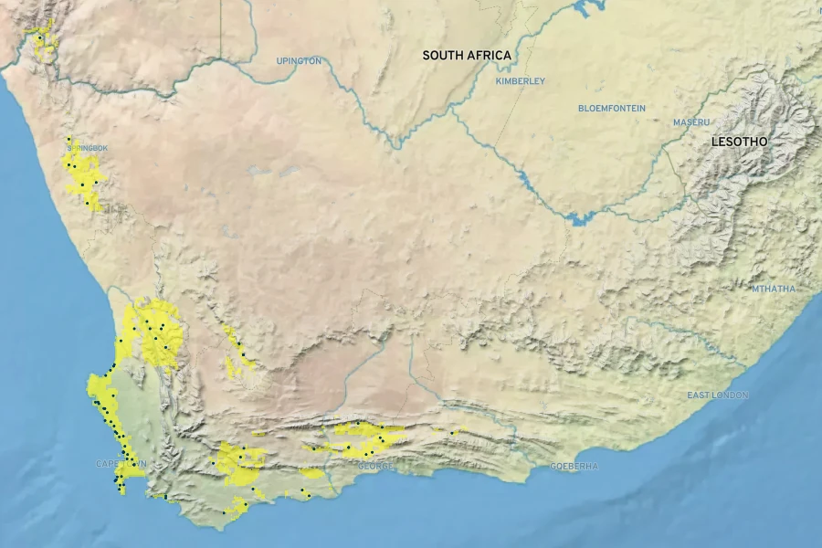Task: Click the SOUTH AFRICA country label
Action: tap(466, 56)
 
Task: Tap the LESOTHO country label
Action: tap(740, 142)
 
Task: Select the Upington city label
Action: tap(299, 61)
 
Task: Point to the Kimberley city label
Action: tap(520, 81)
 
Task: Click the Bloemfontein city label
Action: tap(611, 109)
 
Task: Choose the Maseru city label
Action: tap(690, 122)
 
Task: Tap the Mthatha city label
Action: tap(773, 290)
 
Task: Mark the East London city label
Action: tap(717, 395)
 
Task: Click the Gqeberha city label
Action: tap(574, 467)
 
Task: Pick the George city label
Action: tap(375, 467)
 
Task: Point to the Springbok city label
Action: tap(88, 148)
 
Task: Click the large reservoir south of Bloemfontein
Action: tap(577, 218)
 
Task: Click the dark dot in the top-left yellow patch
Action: tap(39, 37)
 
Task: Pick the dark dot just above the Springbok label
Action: tap(69, 140)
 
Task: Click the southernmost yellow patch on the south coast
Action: tap(236, 506)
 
